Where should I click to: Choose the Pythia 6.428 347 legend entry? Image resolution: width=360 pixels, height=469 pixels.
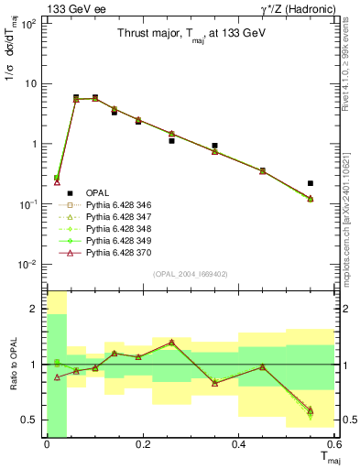[x=110, y=216]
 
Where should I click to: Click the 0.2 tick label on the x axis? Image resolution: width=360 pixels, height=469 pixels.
[x=143, y=444]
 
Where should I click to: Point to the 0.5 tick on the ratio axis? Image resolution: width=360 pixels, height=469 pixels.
[x=32, y=420]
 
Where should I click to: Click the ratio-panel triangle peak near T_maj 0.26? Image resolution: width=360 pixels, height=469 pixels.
[x=171, y=342]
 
